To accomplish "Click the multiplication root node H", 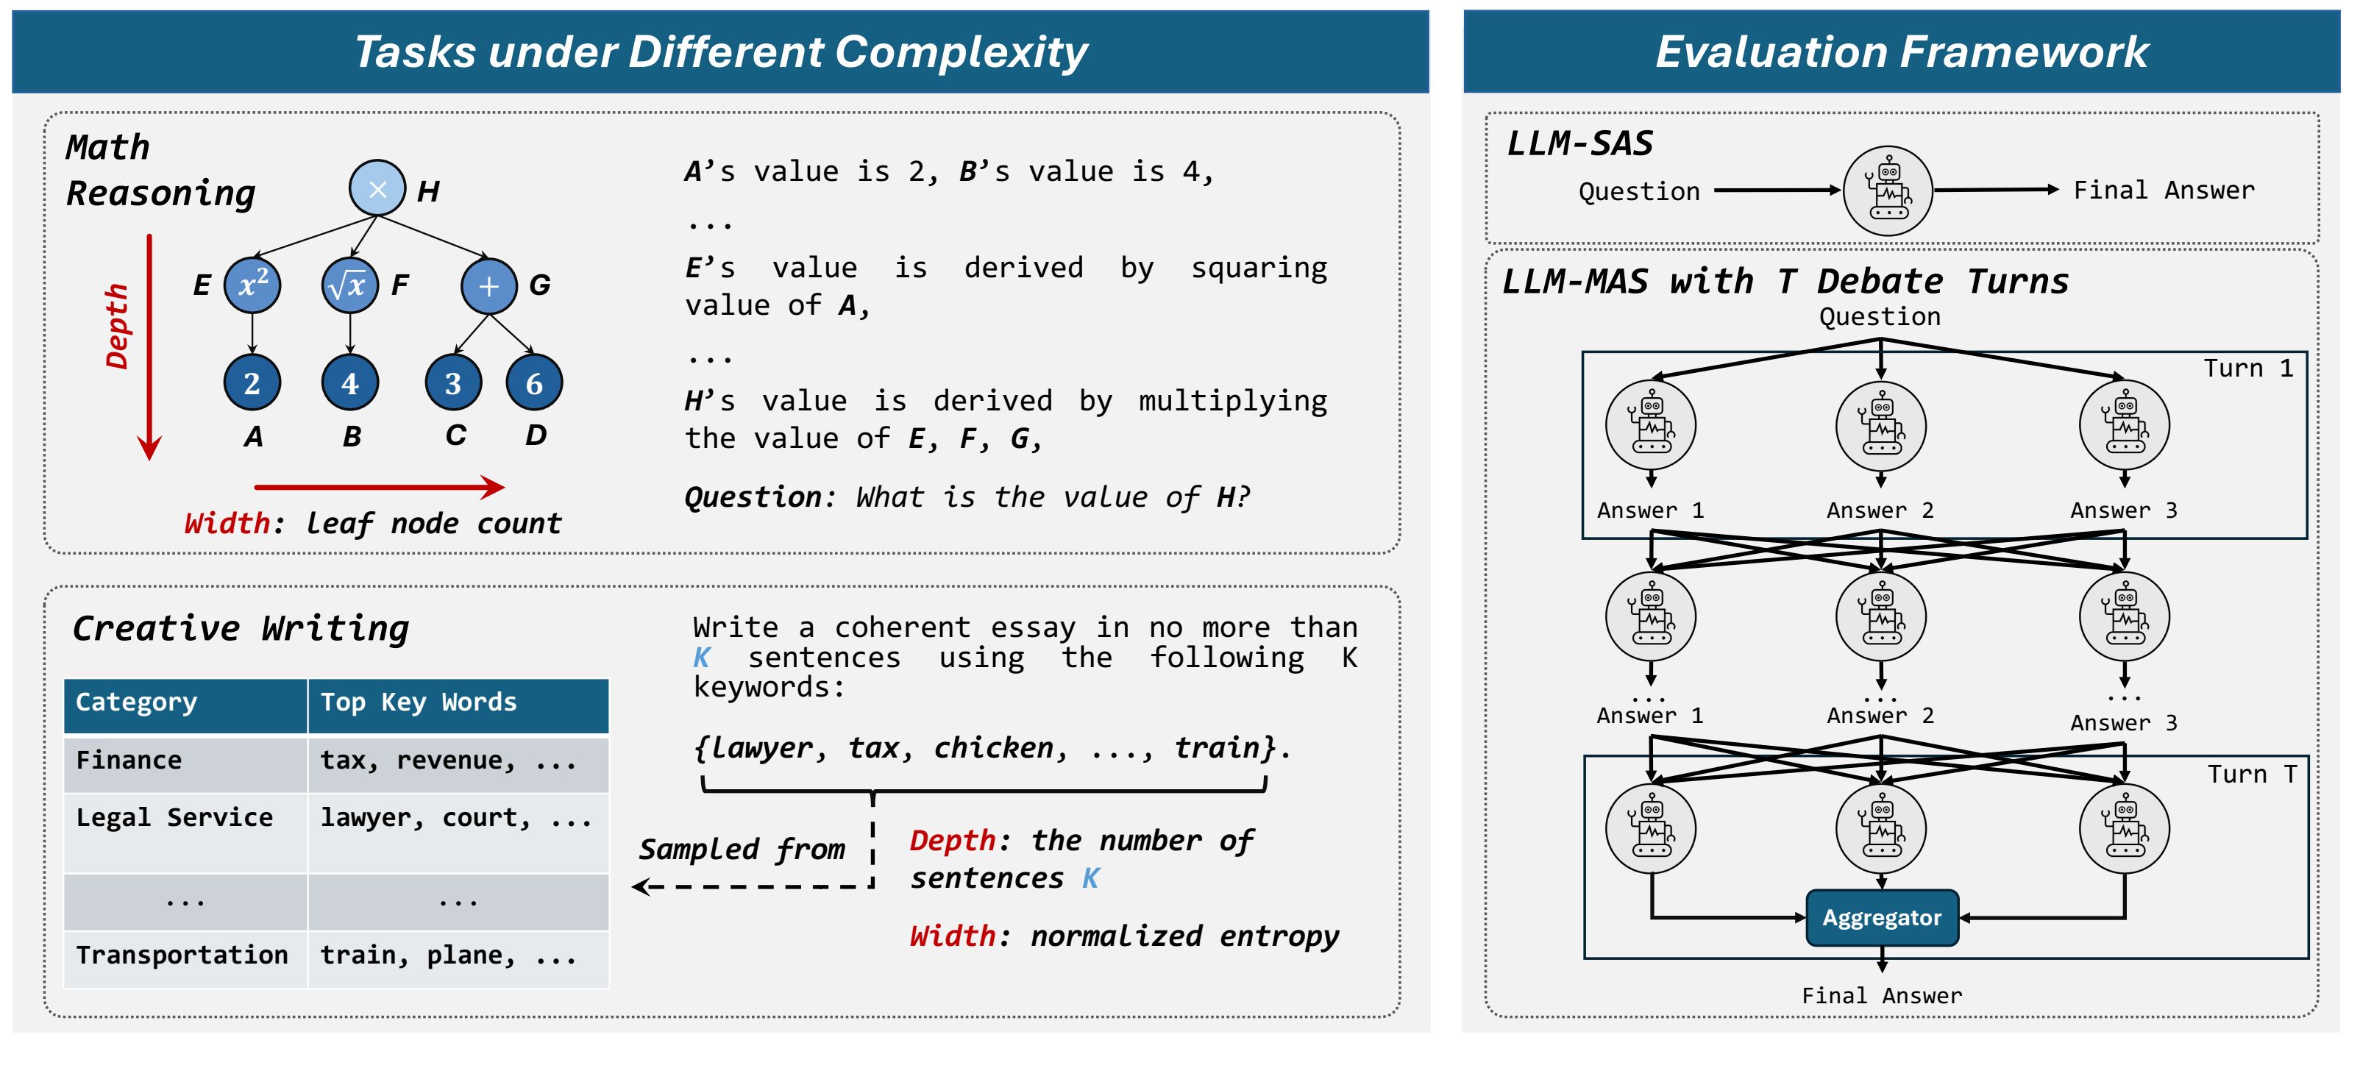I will pyautogui.click(x=377, y=189).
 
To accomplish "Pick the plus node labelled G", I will pyautogui.click(x=488, y=286).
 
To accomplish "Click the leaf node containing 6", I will pyautogui.click(x=533, y=383).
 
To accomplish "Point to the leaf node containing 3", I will pyautogui.click(x=452, y=383).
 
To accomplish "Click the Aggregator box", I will pyautogui.click(x=1881, y=918).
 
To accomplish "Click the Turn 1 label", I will pyautogui.click(x=2247, y=369).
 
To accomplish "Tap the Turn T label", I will pyautogui.click(x=2251, y=775).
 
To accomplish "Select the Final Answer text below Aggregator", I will pyautogui.click(x=1881, y=996).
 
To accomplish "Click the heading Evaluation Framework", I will pyautogui.click(x=1901, y=51).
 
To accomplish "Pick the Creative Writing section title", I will pyautogui.click(x=241, y=628).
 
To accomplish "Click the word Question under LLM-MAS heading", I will pyautogui.click(x=1879, y=317).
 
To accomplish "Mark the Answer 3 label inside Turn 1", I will pyautogui.click(x=2122, y=510).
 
